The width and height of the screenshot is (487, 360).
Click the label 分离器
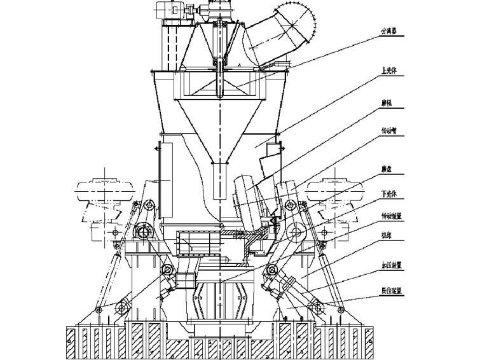[390, 31]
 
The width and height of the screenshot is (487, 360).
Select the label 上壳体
[390, 71]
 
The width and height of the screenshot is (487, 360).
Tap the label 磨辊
[386, 100]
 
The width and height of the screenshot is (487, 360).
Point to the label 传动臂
[389, 132]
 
